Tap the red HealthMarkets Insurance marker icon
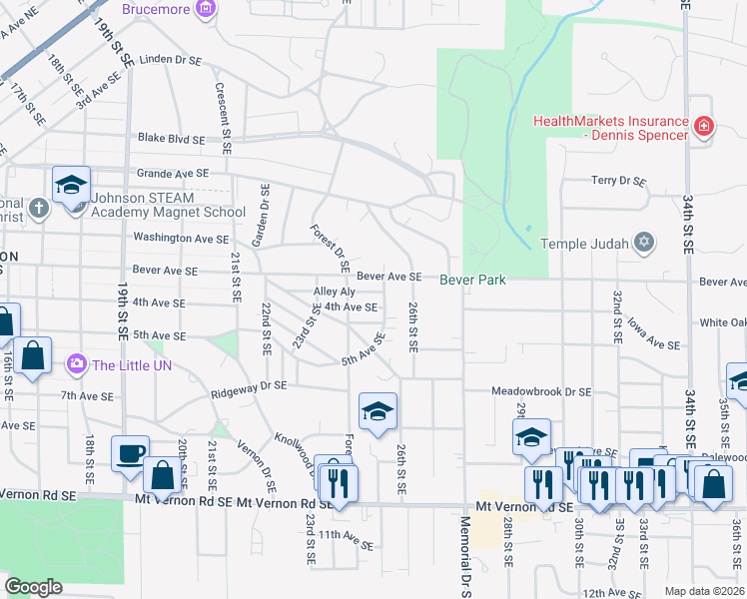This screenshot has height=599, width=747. tap(704, 126)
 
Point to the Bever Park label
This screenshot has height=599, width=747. tap(472, 280)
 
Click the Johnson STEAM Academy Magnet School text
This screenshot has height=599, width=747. tap(168, 205)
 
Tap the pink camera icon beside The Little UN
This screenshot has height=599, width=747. tap(76, 365)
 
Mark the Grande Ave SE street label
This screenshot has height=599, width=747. tap(172, 173)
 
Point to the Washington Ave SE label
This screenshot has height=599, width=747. tap(181, 239)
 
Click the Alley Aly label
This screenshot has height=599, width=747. tap(334, 292)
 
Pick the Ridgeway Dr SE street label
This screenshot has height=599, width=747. tap(249, 385)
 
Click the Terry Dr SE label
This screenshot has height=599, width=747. tap(618, 182)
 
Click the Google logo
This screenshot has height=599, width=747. tap(33, 587)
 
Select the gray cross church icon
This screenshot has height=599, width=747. tap(38, 209)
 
